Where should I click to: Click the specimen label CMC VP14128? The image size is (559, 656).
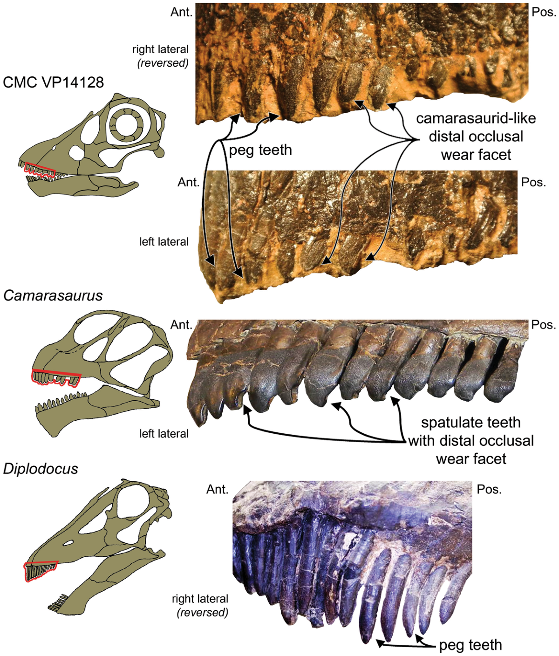coord(53,82)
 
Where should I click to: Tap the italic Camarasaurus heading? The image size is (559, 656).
coord(53,295)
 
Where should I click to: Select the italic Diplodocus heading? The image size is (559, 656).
coord(41,468)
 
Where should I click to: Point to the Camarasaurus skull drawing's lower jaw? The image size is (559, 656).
coord(93,410)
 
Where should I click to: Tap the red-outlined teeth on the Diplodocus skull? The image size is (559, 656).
coord(40,571)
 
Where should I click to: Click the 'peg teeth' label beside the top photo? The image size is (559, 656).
coord(260,150)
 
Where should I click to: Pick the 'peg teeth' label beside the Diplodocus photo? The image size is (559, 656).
coord(470,645)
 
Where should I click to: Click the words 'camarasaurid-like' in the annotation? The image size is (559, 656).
coord(476,118)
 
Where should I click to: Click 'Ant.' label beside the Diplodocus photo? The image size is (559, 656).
coord(217,489)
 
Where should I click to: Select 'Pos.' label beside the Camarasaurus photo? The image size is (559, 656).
coord(544,324)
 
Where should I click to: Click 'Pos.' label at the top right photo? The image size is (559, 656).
coord(544,12)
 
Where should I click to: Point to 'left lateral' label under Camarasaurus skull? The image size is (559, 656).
coord(164,434)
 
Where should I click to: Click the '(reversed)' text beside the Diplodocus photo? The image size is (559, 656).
coord(202,612)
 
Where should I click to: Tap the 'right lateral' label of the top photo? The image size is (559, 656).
coord(160,49)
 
